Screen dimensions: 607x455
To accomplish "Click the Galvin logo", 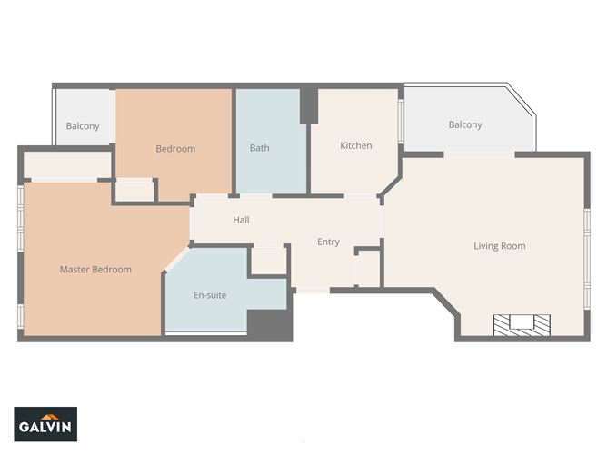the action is [x=45, y=424].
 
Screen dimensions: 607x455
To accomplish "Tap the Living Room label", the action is [x=500, y=246].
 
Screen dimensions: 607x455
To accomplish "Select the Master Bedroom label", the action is [x=95, y=270].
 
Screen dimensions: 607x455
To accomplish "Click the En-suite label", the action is [x=210, y=295].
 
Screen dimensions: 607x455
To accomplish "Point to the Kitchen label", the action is [x=356, y=145].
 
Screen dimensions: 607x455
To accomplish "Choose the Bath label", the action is [x=259, y=148].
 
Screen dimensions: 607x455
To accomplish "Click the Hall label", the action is [x=241, y=220].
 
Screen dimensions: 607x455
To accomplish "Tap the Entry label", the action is [x=328, y=242].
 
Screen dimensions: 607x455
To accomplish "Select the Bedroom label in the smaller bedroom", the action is [x=175, y=149].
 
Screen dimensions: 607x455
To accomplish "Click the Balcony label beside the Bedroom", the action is [x=83, y=126].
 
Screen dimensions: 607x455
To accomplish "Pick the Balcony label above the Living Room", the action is [x=465, y=124].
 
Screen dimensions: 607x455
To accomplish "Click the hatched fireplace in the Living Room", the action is [x=522, y=325].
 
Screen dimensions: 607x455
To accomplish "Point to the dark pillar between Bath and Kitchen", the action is [x=309, y=104].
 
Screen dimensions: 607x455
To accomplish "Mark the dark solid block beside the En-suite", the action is [x=270, y=325].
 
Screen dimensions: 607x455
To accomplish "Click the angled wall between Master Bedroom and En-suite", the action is [x=176, y=259].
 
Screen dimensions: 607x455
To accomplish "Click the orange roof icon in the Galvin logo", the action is [x=50, y=417].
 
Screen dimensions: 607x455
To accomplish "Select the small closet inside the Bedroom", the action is [x=134, y=190].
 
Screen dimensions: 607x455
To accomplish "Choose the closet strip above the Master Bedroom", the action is [x=67, y=164].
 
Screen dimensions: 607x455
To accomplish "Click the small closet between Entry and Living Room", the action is [x=367, y=269].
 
